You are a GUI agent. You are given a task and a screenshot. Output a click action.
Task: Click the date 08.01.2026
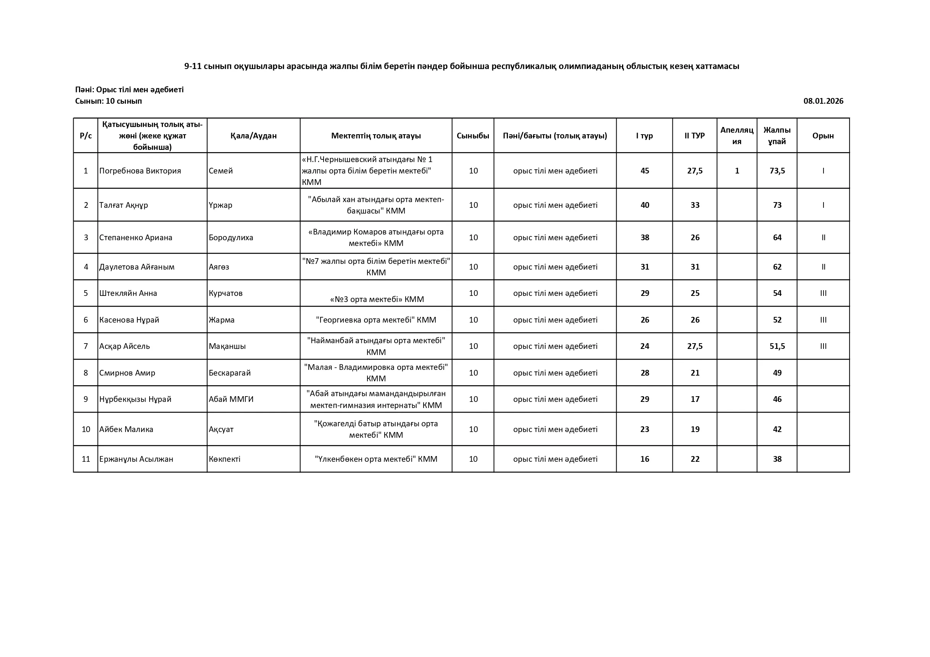823,101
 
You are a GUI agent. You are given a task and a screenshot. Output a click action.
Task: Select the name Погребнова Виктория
140,171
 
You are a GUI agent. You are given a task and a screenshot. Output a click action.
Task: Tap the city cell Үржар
220,205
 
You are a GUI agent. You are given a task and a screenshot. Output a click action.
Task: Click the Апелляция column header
737,136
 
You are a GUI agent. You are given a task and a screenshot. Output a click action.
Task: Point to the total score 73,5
777,171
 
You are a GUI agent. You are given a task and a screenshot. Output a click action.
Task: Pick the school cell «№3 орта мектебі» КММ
377,299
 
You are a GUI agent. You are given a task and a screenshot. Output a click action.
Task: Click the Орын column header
823,136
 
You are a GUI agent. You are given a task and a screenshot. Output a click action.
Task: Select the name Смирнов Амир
127,373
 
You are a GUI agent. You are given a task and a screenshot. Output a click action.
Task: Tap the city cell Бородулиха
231,238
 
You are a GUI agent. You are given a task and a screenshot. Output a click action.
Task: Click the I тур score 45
645,171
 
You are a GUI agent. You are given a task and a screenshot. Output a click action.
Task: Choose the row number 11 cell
86,459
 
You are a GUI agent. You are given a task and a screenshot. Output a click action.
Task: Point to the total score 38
777,459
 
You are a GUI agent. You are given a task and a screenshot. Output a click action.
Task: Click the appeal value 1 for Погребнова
737,171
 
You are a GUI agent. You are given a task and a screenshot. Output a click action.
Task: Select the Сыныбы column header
473,136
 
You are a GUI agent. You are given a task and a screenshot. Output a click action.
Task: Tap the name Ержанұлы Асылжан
136,459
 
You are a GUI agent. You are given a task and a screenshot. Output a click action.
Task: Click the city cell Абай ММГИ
231,399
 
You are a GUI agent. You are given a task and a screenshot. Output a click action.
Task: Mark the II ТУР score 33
695,205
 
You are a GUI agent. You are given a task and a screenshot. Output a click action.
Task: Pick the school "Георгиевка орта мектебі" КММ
376,320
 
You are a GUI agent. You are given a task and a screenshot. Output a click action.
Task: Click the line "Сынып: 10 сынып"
108,101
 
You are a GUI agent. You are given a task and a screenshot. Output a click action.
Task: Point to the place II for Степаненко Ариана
823,238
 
